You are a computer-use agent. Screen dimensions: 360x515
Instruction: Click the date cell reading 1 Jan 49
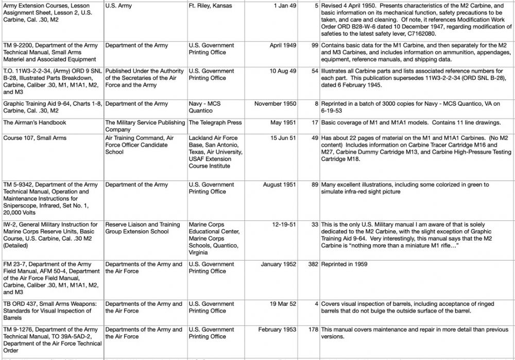283,6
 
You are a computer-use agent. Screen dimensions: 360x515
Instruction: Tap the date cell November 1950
276,104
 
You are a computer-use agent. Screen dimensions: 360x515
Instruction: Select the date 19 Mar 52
283,304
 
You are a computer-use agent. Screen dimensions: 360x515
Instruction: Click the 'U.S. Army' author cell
118,6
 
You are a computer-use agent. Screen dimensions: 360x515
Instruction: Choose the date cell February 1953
277,330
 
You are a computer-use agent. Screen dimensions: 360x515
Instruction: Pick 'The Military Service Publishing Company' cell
145,126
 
